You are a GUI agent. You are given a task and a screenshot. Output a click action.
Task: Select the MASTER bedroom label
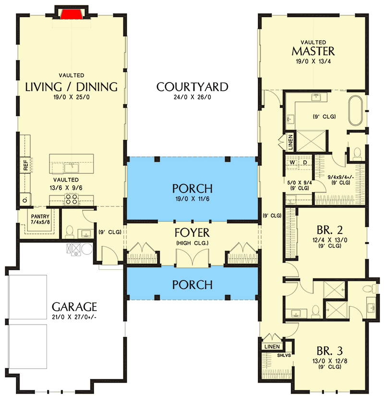[x=313, y=51]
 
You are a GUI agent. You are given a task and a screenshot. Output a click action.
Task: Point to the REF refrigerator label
[x=25, y=165]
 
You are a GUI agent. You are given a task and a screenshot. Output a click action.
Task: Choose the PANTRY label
[x=40, y=216]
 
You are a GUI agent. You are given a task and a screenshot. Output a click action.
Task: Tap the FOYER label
[x=192, y=233]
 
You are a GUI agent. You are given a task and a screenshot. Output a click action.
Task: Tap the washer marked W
[x=291, y=162]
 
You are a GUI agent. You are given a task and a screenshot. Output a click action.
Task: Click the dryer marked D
[x=305, y=162]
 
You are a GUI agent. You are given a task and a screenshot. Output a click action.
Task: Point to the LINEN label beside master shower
[x=290, y=142]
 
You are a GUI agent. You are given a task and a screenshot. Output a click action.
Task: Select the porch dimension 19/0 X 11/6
[x=192, y=198]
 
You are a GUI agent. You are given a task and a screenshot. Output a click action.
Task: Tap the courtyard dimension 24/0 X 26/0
[x=192, y=97]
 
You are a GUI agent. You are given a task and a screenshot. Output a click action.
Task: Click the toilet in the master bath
[x=356, y=154]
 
